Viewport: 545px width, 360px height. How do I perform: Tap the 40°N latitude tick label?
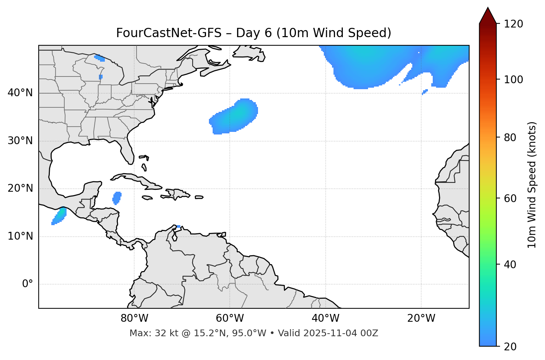tap(20, 93)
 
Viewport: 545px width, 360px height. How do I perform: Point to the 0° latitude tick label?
tap(28, 284)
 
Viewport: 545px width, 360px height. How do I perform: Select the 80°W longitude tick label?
tap(134, 318)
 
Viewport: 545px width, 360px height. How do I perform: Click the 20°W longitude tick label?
tap(421, 318)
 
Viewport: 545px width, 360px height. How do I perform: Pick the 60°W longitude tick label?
tap(230, 318)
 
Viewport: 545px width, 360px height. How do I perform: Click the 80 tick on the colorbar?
tap(512, 137)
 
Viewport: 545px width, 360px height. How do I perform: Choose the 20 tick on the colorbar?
tap(512, 346)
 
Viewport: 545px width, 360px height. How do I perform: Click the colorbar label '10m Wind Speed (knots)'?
tap(532, 185)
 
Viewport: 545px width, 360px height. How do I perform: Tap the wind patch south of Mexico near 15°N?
tap(59, 216)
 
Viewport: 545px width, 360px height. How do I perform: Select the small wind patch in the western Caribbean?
tap(117, 198)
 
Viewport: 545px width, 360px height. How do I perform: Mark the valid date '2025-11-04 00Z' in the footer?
tap(341, 333)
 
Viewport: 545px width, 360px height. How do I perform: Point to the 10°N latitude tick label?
tap(20, 236)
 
